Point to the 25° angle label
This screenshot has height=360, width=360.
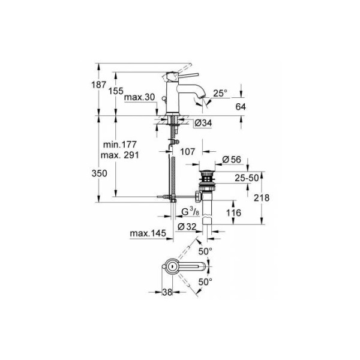point(221,93)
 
